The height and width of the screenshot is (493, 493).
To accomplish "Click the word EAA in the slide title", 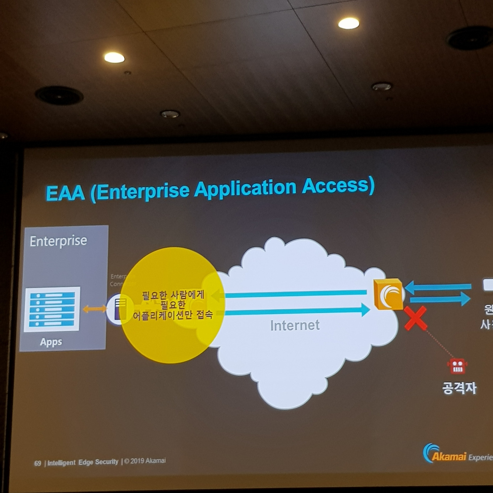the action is coord(65,192).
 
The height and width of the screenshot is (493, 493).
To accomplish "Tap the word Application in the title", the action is coord(245,189).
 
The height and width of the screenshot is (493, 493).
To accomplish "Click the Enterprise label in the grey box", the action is coord(58,241).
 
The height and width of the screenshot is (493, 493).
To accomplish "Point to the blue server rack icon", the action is coord(52,309).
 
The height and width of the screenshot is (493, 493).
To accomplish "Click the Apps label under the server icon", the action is coord(51,342).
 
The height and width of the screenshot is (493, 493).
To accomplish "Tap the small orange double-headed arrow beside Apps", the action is coord(94,309).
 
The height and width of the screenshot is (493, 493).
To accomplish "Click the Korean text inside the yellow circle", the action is coord(173,305).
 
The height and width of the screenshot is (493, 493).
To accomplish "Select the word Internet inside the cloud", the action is coord(295,325).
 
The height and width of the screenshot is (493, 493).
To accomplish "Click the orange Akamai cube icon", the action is coord(388,295).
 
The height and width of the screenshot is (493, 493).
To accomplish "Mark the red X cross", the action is coord(416,318).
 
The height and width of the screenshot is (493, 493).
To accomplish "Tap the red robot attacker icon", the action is coord(457,366).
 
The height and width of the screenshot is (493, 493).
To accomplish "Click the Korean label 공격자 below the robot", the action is coord(459,387).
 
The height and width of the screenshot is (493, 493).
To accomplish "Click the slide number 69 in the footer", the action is coord(37,463).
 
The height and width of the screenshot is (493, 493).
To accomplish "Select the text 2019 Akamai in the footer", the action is coord(148,461).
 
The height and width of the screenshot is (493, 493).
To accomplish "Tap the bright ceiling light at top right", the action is coord(349,23).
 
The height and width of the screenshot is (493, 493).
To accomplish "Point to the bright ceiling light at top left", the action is coord(114,58).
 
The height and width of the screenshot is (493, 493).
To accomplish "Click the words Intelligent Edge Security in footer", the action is coord(83,462).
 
